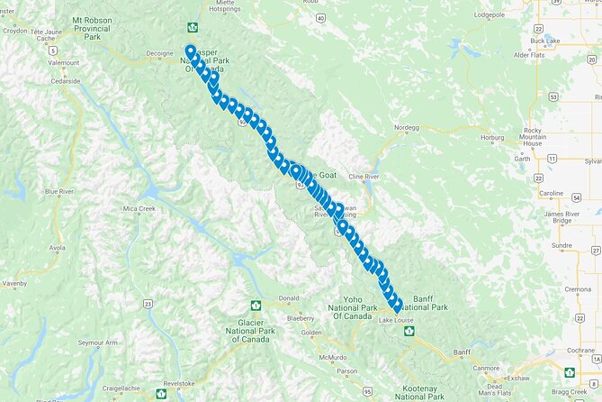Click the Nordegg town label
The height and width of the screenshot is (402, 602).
click(407, 128)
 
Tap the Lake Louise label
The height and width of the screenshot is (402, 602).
click(397, 321)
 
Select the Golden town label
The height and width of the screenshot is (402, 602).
click(311, 333)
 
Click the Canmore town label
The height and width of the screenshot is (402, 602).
click(486, 368)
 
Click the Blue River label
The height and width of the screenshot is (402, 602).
click(59, 192)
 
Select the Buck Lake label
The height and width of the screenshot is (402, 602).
click(545, 41)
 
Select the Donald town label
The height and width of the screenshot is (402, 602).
click(289, 298)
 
